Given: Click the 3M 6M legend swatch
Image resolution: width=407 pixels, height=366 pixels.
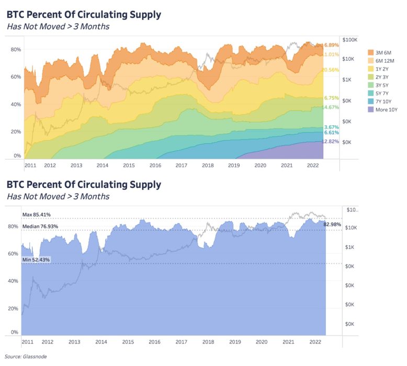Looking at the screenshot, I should coord(371,52).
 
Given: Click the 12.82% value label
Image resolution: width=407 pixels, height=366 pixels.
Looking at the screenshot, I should coord(331,142).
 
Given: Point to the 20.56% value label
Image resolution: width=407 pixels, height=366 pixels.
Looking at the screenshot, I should coord(331,70).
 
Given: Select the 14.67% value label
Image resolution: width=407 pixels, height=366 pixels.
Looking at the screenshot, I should coord(331,107).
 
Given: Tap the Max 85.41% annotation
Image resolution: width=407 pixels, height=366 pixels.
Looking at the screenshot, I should coord(40,215).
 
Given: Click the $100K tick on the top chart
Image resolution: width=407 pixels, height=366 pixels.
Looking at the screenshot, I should coord(349,40).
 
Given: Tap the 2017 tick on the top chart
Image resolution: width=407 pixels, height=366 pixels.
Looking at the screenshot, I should coord(182,165).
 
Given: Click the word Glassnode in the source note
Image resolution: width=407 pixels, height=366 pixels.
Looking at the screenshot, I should coord(35,357).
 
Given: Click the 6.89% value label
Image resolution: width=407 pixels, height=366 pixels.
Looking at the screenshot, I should coord(332,45).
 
